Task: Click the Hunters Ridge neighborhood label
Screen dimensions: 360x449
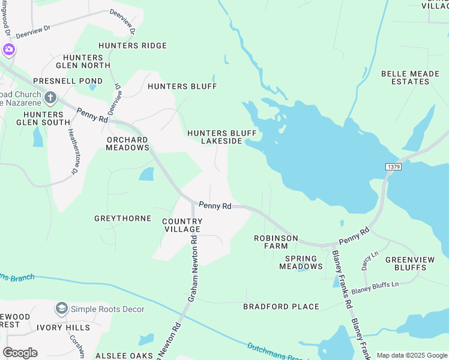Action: [x=133, y=46]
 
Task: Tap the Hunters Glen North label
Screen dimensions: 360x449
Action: [x=83, y=61]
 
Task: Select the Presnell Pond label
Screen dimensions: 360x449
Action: [x=68, y=80]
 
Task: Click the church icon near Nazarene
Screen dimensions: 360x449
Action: [x=50, y=97]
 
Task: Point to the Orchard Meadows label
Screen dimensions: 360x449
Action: [x=127, y=143]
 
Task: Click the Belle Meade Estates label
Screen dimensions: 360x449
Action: [x=410, y=77]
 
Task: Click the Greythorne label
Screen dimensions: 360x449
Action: [x=122, y=218]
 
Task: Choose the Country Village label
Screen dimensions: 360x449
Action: [x=182, y=225]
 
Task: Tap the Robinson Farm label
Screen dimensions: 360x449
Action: [x=276, y=242]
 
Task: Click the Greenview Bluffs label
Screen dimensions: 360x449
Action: [x=410, y=263]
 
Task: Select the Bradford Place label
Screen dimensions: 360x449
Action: [x=281, y=307]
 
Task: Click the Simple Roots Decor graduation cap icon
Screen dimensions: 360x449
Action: [x=61, y=308]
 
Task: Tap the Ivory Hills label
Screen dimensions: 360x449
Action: [x=63, y=328]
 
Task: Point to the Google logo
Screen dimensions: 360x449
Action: [x=20, y=353]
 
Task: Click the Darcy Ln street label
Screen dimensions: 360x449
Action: [x=370, y=259]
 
